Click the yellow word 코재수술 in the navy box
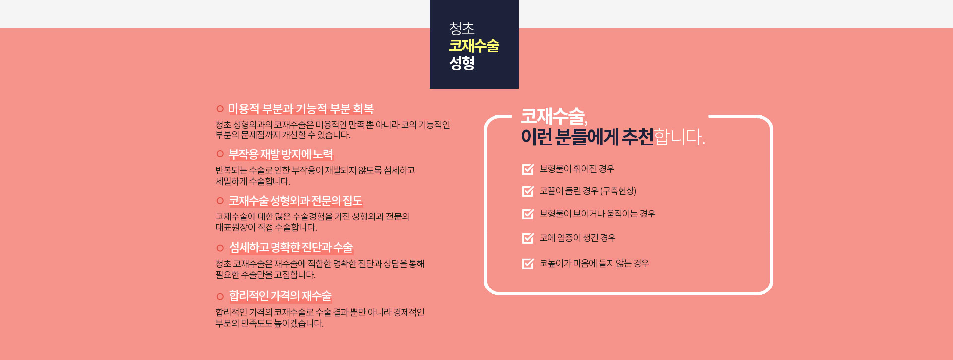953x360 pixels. coord(474,46)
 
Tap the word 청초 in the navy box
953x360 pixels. coord(462,29)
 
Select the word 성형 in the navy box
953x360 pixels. coord(462,63)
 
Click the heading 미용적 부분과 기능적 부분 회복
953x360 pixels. coord(301,109)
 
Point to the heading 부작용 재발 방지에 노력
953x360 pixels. coord(280,154)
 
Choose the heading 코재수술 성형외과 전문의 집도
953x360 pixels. coord(295,201)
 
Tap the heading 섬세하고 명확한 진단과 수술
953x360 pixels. coord(291,247)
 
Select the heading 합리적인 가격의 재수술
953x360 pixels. coord(280,296)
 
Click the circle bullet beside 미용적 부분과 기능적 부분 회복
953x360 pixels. coord(220,109)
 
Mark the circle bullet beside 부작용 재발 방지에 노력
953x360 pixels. coord(220,154)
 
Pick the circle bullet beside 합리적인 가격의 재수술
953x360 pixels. coord(220,297)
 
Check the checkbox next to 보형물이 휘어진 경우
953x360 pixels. coord(528,169)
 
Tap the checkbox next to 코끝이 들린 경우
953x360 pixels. coord(528,191)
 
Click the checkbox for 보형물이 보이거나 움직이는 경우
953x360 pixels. coord(528,214)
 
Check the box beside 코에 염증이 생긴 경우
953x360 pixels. coord(528,238)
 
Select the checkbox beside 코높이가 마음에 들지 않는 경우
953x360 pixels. coord(528,264)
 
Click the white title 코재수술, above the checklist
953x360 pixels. coord(554,117)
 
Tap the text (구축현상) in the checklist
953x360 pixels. coord(618,191)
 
